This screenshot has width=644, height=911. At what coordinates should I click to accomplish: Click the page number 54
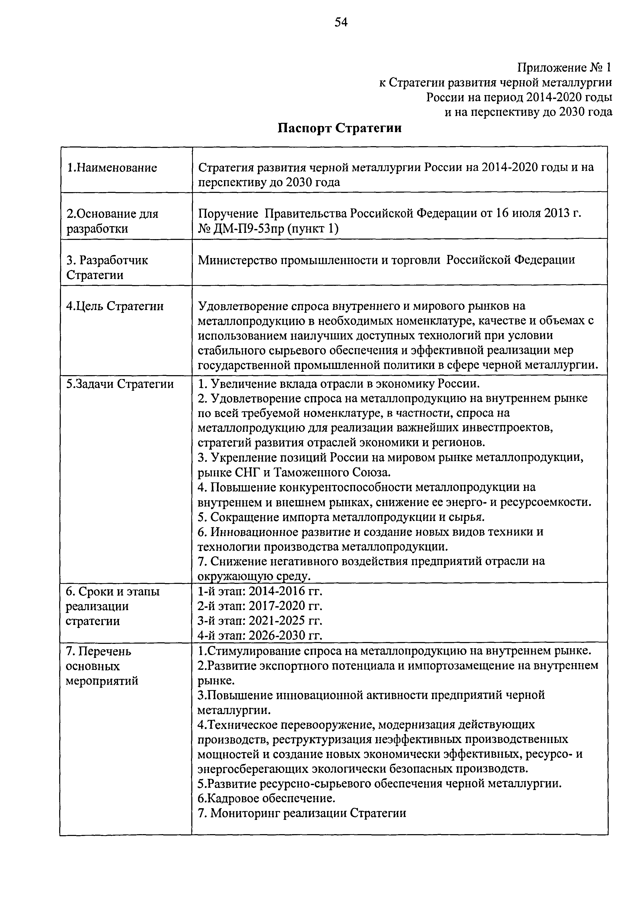point(341,23)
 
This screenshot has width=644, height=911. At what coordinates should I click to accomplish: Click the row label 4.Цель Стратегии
point(115,306)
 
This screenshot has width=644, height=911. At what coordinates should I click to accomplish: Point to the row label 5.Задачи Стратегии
point(120,384)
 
